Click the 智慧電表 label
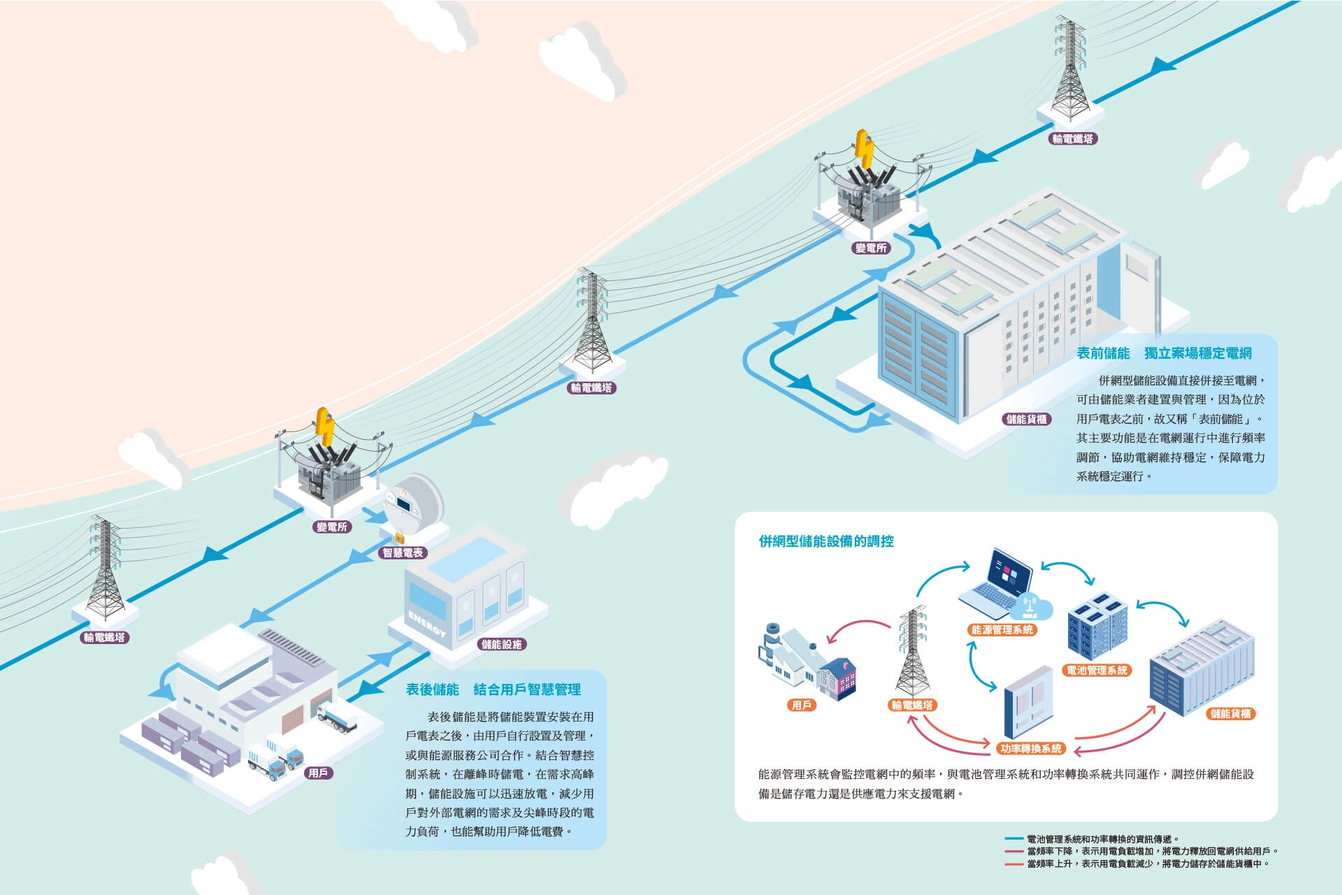(x=403, y=552)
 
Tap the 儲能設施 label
(x=502, y=644)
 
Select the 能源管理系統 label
(x=1002, y=629)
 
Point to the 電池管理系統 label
(x=1097, y=670)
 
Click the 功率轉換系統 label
(x=1031, y=748)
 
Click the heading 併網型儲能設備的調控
(x=826, y=541)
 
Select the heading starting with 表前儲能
(x=1164, y=353)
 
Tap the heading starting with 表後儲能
(x=493, y=689)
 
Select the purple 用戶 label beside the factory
(x=319, y=773)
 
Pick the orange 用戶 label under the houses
(x=801, y=705)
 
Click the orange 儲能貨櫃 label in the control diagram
(x=1231, y=714)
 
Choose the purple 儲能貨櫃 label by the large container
(x=1026, y=419)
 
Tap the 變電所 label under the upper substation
(x=871, y=248)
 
